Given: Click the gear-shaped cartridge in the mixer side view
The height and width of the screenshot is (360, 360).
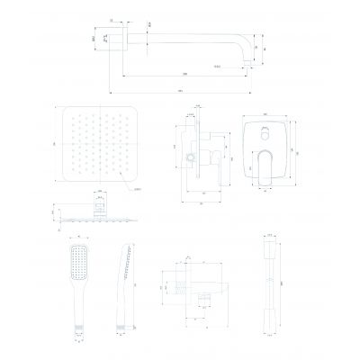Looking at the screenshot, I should [191, 160].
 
